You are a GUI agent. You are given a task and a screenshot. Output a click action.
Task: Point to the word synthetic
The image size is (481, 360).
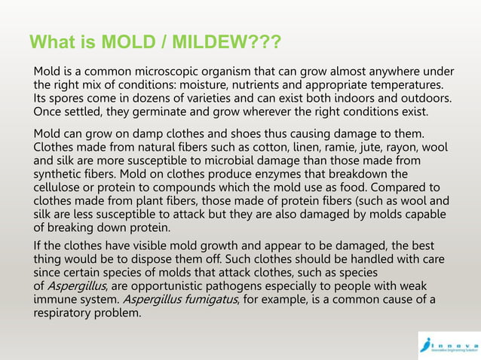59,175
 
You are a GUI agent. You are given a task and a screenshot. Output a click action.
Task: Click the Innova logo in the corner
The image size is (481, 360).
448,343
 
